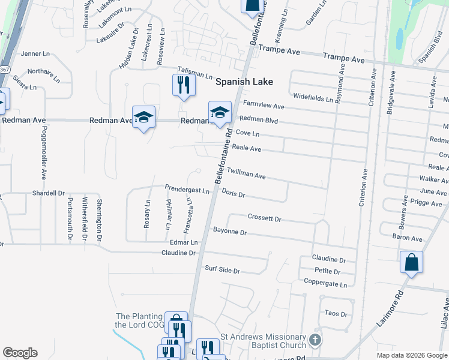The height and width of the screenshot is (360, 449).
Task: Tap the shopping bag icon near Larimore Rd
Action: (x=411, y=263)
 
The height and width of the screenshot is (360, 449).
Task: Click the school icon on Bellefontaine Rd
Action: (x=220, y=112)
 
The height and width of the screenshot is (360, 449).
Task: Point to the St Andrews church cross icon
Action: (x=315, y=340)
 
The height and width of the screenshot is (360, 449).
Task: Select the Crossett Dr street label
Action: (x=264, y=218)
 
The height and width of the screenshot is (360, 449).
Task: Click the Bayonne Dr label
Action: (x=230, y=231)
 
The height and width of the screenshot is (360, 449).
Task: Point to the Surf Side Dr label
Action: (x=222, y=270)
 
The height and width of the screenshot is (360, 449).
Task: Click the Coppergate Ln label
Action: (x=325, y=282)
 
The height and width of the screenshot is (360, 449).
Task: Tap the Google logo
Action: (x=20, y=353)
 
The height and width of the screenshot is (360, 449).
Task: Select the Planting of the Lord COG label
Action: (x=139, y=320)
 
